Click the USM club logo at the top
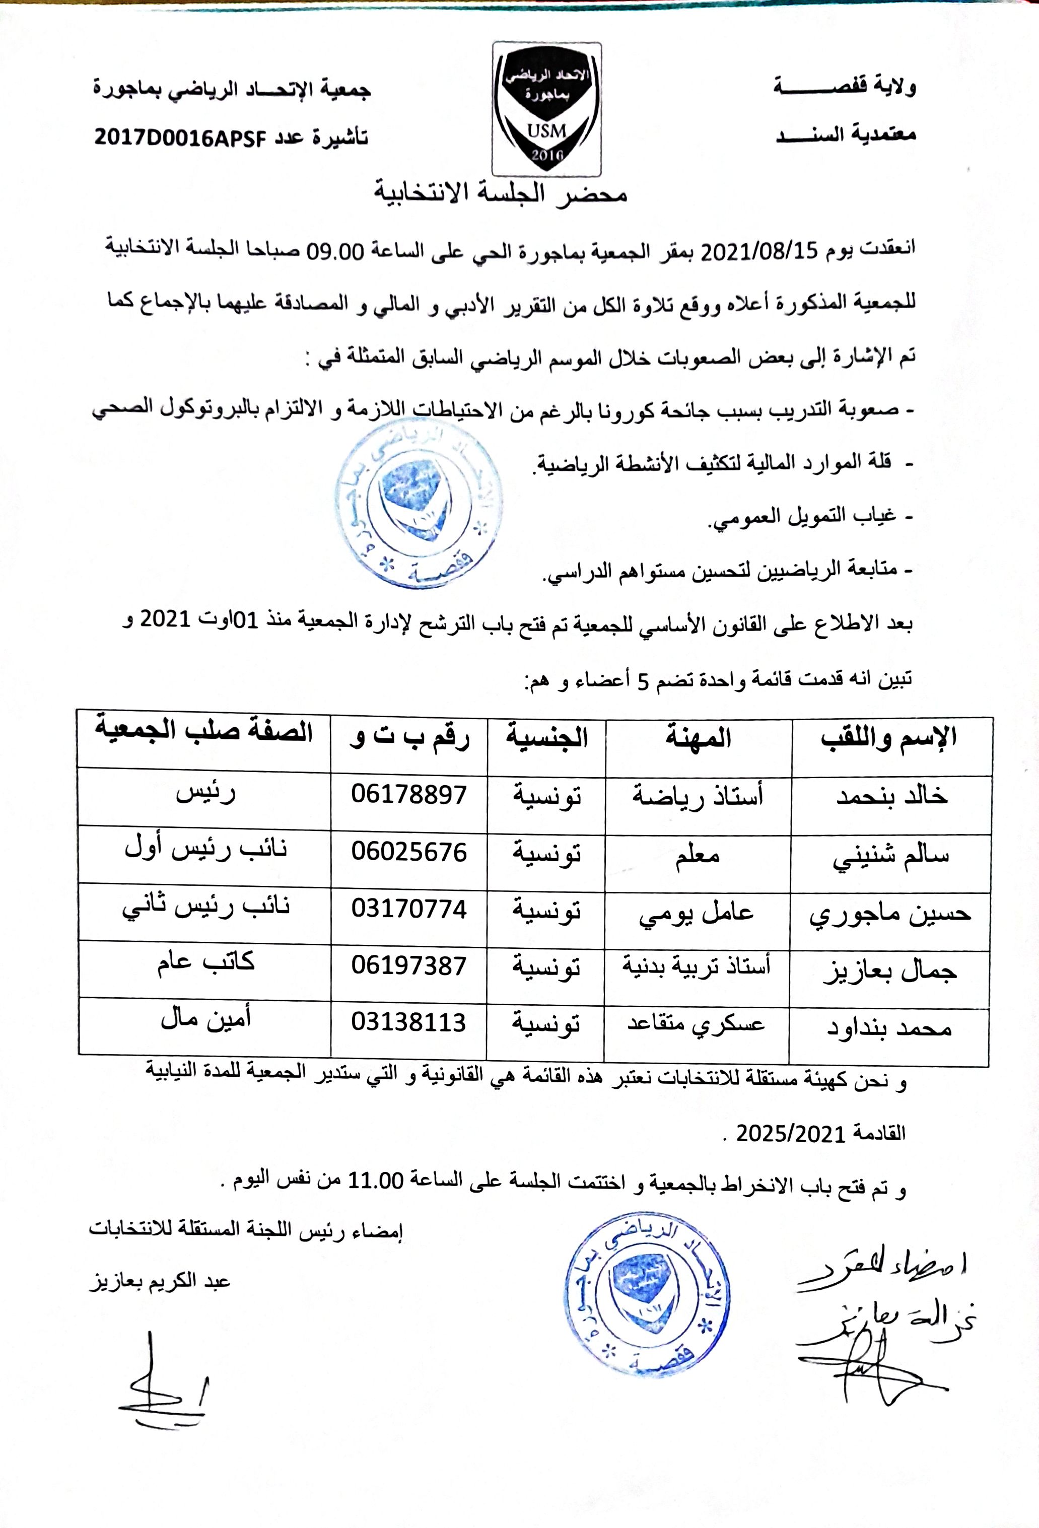click(x=546, y=108)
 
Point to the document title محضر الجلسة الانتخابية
click(x=501, y=193)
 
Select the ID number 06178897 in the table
click(x=408, y=794)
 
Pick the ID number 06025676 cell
click(x=408, y=852)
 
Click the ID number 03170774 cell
click(x=408, y=910)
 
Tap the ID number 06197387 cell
click(x=408, y=966)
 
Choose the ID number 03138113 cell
click(x=408, y=1022)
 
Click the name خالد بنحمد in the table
click(x=891, y=797)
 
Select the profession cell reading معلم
click(x=697, y=855)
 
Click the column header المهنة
click(x=699, y=738)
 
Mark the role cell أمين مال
click(x=205, y=1019)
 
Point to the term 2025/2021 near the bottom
click(x=781, y=1134)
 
